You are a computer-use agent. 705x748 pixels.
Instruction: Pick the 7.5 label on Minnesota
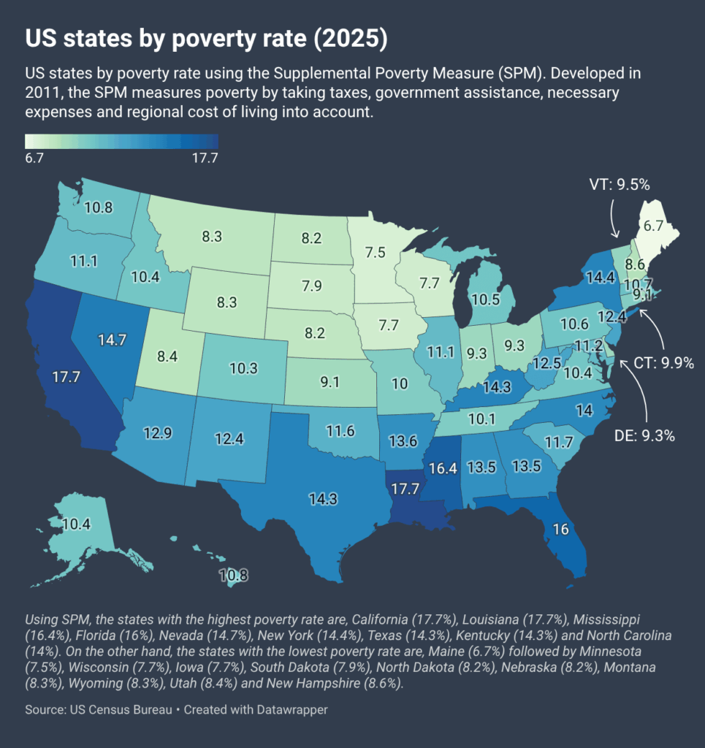coord(375,253)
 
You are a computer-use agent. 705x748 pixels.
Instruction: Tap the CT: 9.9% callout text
coord(663,362)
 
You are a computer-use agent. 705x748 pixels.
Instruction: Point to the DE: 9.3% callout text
coord(644,436)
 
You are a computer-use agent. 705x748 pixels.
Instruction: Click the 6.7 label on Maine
coord(653,226)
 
